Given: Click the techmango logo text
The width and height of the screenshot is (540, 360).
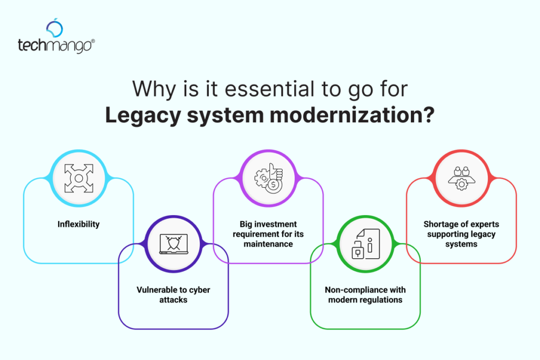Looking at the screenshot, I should [x=55, y=45].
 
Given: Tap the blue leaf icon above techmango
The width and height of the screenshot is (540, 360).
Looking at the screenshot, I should [x=54, y=27].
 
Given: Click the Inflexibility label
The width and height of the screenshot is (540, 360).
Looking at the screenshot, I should [x=79, y=224].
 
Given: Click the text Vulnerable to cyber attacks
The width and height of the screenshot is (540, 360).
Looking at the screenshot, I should [x=173, y=295].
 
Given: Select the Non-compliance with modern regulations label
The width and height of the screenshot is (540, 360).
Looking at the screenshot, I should [x=365, y=295].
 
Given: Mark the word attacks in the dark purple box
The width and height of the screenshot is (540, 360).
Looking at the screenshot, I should [x=173, y=300].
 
